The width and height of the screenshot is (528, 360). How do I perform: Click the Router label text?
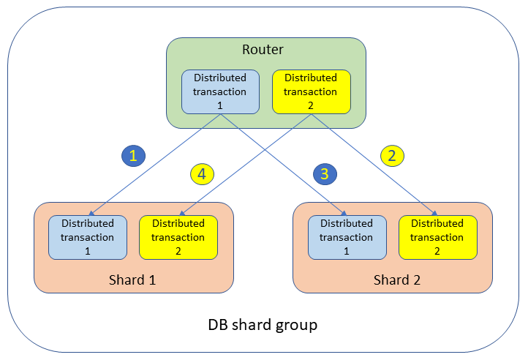point(263,50)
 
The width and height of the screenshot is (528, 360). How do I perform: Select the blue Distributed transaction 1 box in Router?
point(220,91)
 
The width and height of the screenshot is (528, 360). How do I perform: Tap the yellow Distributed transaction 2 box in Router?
point(311,91)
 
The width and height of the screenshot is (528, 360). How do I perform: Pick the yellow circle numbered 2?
point(392,154)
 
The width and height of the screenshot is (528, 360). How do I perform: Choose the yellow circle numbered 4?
point(202,173)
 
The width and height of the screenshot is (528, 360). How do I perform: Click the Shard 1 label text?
point(132,280)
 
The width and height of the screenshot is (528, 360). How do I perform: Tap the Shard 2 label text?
point(397,280)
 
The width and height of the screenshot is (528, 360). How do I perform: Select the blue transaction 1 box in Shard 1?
point(88,237)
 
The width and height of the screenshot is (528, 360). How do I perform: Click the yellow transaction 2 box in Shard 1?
point(178,237)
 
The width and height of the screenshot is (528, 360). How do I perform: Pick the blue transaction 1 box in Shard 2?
point(347,237)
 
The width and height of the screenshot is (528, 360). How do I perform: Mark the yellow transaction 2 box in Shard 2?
point(437,237)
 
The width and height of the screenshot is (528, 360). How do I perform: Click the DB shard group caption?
point(263,324)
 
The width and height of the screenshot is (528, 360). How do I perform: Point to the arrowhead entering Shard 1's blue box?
point(96,214)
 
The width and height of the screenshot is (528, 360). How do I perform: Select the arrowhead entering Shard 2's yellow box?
point(437,214)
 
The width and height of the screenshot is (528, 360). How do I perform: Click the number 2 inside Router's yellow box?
point(311,105)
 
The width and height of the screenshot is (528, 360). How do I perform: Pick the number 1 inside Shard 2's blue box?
point(347,251)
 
